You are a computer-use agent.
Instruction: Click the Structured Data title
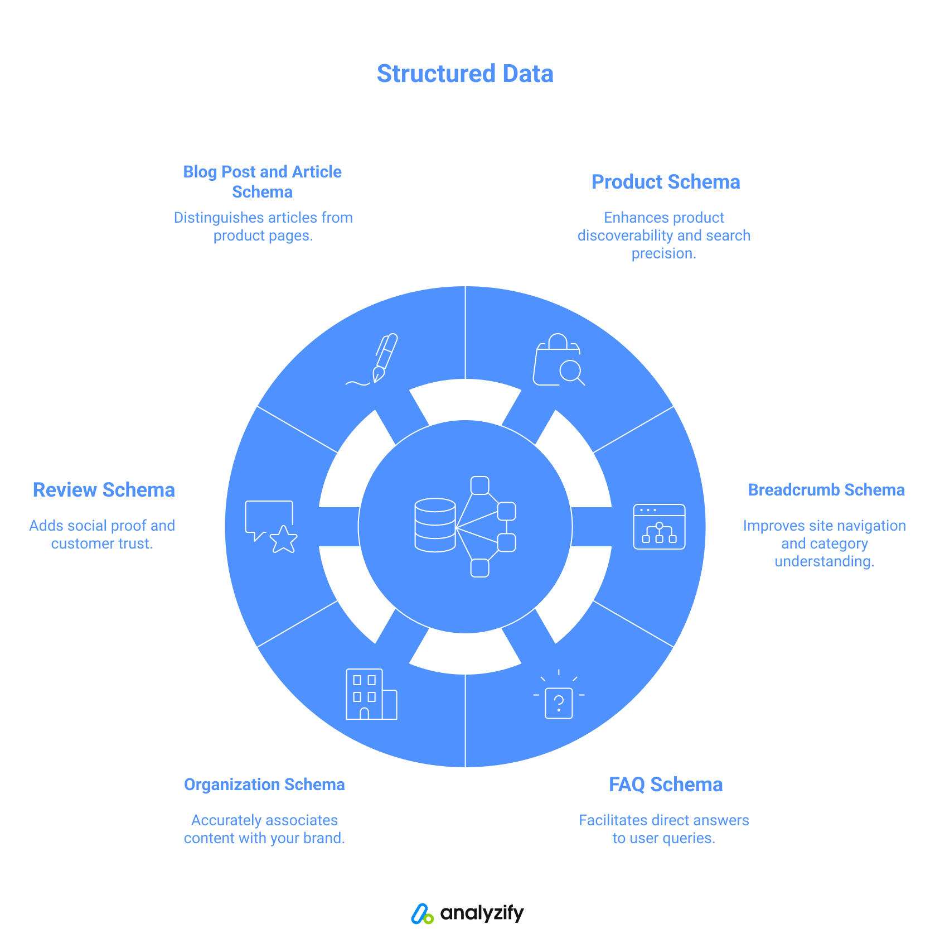point(465,74)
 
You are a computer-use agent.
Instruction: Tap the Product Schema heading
point(666,182)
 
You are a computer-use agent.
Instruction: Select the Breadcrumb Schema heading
point(826,490)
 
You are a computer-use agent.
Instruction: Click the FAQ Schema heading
point(666,785)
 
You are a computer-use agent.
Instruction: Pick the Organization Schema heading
point(264,785)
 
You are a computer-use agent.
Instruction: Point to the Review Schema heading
point(104,490)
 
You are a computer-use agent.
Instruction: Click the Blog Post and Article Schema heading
point(262,181)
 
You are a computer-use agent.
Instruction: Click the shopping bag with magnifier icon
point(558,360)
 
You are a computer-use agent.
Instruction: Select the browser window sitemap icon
point(659,527)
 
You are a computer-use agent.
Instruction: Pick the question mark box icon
point(559,697)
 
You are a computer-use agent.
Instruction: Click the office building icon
point(371,694)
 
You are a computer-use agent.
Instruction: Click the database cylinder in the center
point(435,525)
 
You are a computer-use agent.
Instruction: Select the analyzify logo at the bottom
point(467,913)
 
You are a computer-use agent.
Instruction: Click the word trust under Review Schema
point(135,543)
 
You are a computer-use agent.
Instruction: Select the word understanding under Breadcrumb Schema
point(823,561)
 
